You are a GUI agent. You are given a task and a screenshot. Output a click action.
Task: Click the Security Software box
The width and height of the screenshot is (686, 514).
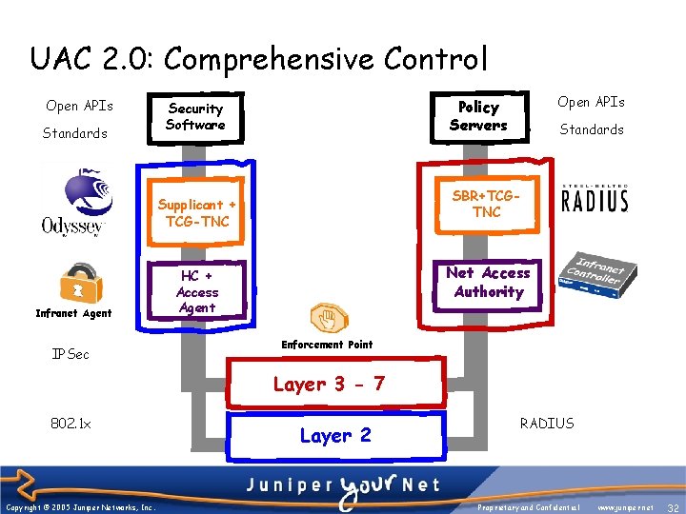[x=195, y=116]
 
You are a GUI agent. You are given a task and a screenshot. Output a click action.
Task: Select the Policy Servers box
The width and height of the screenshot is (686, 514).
[x=478, y=116]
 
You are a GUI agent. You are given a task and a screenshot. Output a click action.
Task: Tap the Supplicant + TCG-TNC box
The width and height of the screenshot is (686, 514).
[x=197, y=212]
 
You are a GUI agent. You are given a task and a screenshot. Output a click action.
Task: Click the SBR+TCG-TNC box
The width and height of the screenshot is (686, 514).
[x=486, y=204]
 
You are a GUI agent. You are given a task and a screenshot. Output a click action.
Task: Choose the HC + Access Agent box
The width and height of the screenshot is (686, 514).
[x=197, y=291]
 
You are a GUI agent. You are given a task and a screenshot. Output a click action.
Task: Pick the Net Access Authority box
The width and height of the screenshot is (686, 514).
[x=488, y=283]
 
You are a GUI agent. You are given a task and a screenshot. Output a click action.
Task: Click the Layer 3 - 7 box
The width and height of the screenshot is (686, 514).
[x=329, y=384]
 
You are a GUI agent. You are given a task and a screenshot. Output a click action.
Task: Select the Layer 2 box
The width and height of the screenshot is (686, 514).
[x=335, y=436]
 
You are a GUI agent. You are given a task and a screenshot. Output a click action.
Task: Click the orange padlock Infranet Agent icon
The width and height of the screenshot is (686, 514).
[x=74, y=283]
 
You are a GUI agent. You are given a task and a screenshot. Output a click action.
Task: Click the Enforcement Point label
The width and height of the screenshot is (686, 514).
[x=327, y=345]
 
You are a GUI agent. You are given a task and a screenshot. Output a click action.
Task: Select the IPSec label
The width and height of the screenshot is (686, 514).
[x=71, y=354]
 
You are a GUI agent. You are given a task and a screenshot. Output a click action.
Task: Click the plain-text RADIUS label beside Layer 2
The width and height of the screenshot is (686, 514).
[x=547, y=423]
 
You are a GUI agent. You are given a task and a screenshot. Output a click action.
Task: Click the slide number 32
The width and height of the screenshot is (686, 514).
[x=673, y=508]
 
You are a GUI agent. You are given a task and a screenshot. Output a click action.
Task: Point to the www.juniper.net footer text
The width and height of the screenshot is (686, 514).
[x=625, y=508]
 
